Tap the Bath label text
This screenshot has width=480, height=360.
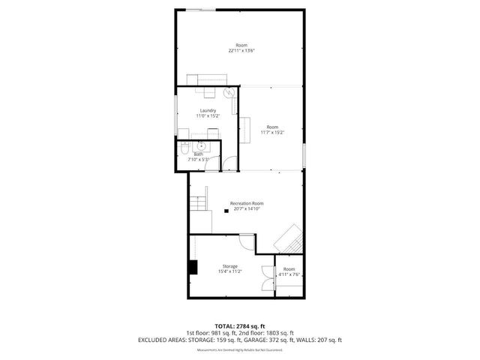coord(198,154)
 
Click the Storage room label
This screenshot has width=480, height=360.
coord(229,266)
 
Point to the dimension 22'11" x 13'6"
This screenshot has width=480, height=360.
coord(242,51)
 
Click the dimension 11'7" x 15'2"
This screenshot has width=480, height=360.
coord(272,133)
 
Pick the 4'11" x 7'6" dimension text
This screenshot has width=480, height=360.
coord(289,274)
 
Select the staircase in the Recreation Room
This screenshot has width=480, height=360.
coord(198,202)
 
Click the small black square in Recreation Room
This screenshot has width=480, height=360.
coord(226,211)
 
